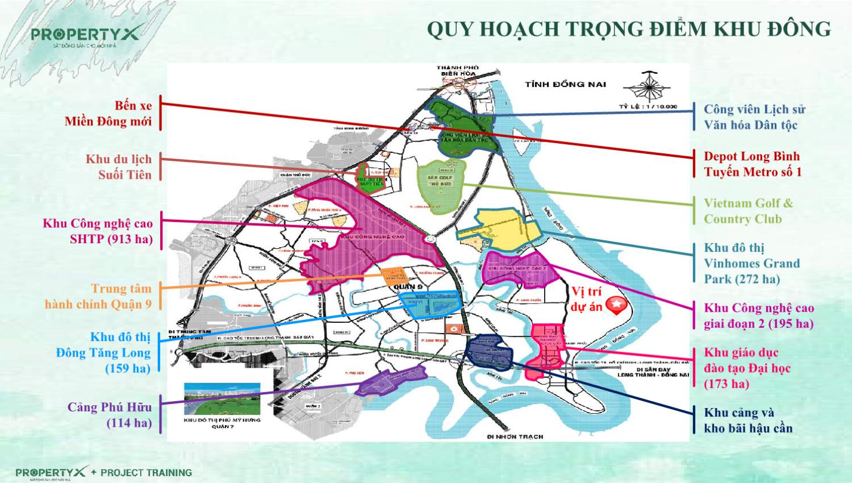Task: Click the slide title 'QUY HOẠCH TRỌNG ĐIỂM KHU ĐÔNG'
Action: pos(629,28)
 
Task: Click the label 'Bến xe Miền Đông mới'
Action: pos(108,114)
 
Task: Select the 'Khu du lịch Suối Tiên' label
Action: pos(119,167)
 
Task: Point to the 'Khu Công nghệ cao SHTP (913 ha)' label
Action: pos(98,231)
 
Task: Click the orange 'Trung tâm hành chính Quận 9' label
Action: pos(98,296)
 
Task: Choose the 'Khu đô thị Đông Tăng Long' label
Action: pos(103,352)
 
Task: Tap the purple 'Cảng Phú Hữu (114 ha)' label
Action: pos(110,415)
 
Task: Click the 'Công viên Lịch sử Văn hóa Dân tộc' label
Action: pos(754,117)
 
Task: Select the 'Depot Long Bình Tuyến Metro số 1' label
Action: pos(753,164)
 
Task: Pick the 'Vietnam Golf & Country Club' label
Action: pos(748,211)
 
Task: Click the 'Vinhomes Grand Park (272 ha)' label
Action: pos(751,263)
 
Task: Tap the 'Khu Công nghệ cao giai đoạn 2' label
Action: pos(759,316)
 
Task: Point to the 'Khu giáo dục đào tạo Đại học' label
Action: pos(747,368)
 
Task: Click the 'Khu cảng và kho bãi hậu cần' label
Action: pos(748,420)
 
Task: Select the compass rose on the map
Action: pos(648,87)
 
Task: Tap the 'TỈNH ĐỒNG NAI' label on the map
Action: pos(565,84)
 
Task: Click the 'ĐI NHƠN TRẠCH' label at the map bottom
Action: pos(515,436)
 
